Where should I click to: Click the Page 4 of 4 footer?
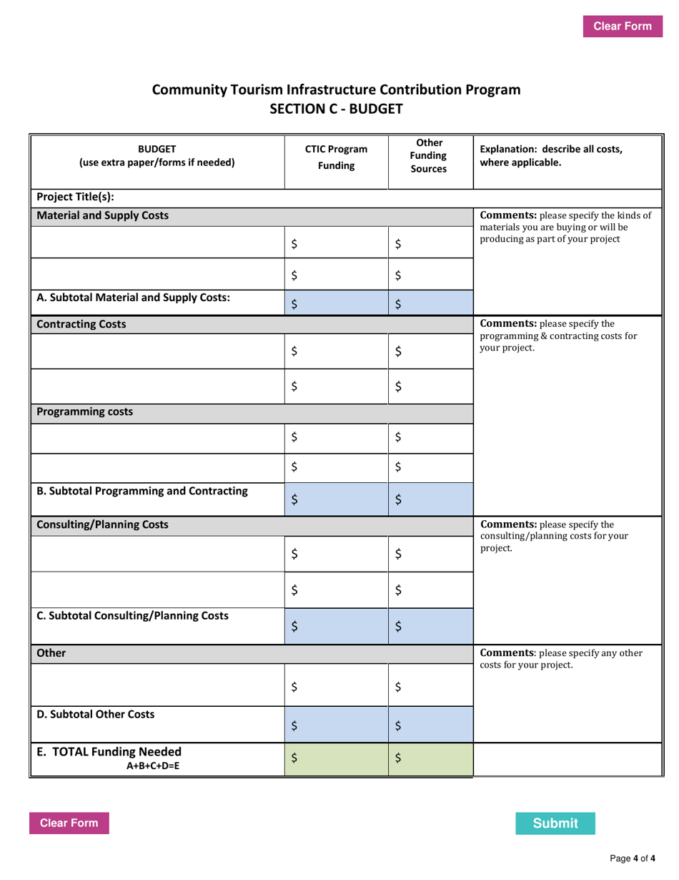point(632,858)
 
